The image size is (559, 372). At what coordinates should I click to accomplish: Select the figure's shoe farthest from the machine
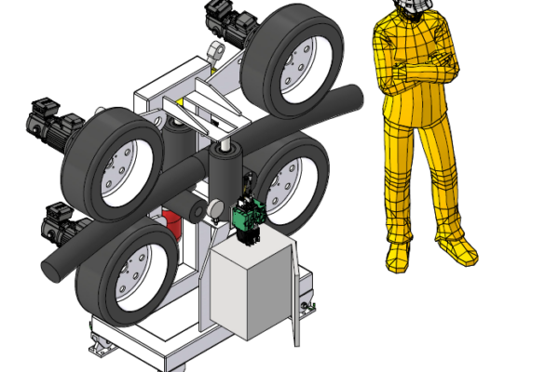(x=458, y=247)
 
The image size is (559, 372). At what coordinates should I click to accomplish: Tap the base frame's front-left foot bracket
(x=101, y=346)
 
